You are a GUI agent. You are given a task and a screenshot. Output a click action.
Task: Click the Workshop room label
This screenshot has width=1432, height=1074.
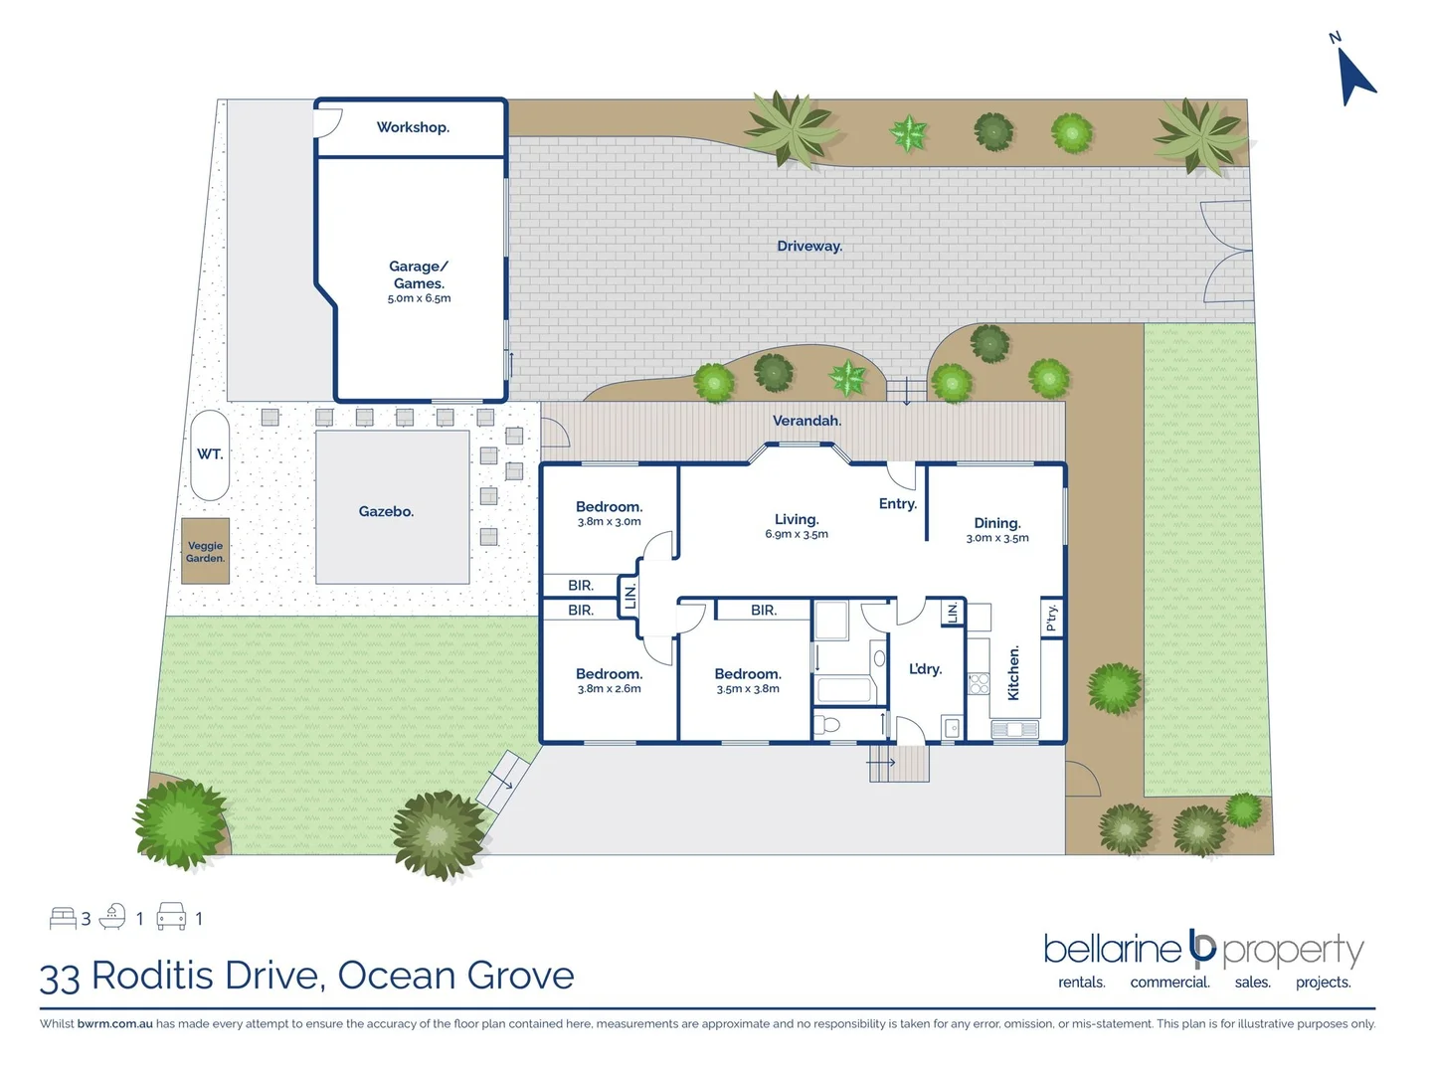pos(413,127)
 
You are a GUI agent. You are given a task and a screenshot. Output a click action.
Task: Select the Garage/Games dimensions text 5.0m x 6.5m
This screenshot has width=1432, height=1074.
pos(419,298)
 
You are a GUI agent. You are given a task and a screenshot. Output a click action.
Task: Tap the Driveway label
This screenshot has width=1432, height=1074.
pos(809,247)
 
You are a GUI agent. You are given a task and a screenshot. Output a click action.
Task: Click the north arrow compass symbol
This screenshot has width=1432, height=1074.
pos(1355,75)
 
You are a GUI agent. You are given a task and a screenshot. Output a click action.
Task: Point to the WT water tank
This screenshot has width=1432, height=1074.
pos(210,454)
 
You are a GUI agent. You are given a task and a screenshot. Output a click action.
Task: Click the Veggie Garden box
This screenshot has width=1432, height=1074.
pos(206,552)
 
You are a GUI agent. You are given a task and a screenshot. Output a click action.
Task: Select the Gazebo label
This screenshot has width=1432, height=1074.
pos(386,511)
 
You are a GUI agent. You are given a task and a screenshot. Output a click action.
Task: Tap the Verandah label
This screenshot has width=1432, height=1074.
pos(806,421)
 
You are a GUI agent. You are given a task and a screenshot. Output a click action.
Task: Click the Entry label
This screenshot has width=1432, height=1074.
pos(897,504)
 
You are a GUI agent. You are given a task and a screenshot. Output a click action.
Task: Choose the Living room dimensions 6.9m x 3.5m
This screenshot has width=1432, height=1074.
pos(796,535)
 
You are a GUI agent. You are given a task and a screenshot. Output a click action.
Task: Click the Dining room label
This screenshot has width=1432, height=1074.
pos(996,523)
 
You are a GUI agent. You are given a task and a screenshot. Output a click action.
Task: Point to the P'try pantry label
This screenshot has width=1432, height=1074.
pos(1051,618)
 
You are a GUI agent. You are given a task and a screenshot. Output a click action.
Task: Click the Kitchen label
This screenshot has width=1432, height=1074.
pos(1013,673)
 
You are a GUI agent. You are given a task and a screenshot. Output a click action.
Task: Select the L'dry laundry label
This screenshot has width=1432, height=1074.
pos(925,669)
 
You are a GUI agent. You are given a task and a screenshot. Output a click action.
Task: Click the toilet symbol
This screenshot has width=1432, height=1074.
pos(828,724)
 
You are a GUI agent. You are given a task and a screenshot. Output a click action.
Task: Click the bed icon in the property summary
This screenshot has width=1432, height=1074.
pos(63,918)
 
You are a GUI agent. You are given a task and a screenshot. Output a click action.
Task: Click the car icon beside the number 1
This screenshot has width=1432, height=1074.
pos(171,917)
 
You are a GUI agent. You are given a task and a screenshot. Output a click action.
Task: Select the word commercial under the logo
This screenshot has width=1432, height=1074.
pos(1169,983)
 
